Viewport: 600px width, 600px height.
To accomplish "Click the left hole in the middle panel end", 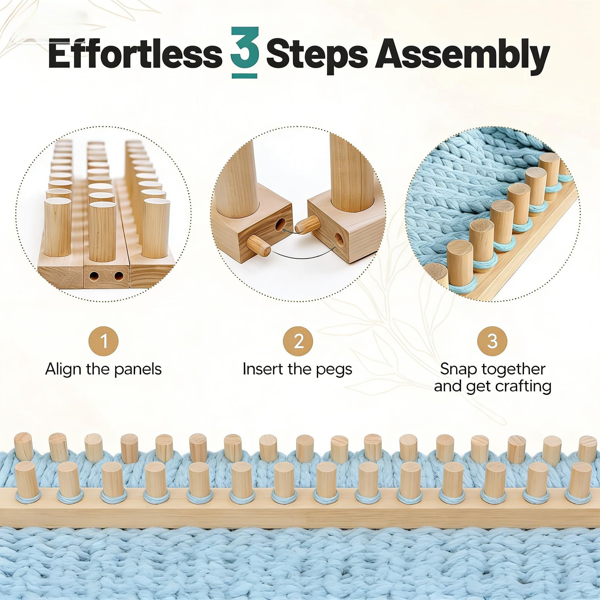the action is tap(94, 276).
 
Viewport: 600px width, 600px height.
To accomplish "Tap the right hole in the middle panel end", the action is tap(118, 276).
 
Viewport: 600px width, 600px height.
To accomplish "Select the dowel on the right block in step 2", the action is tap(308, 224).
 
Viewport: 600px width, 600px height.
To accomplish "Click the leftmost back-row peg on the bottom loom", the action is tap(24, 446).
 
